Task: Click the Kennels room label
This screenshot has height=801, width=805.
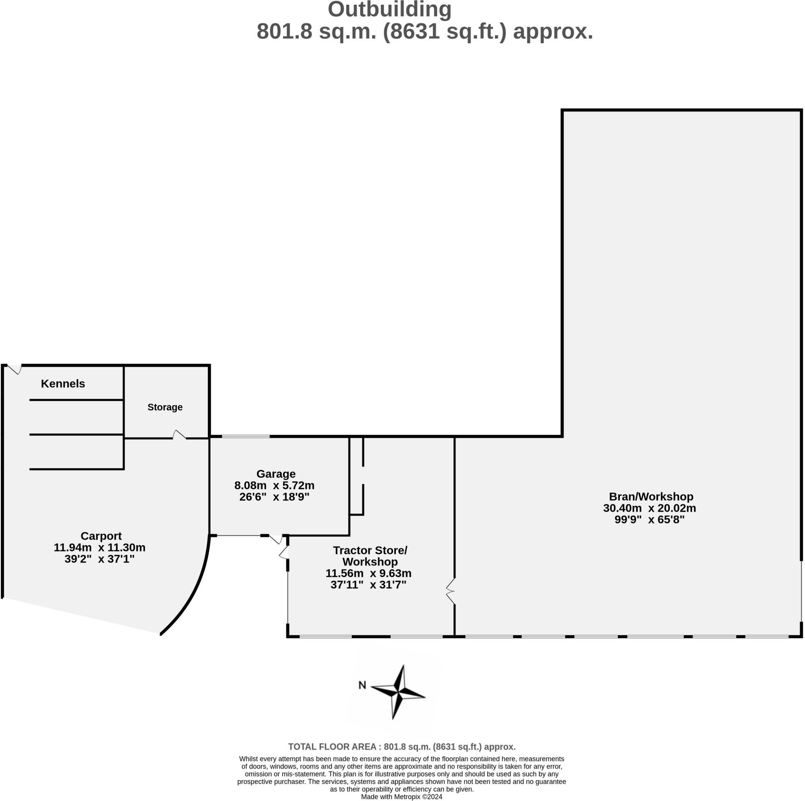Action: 63,384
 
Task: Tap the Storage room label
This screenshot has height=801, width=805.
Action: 165,407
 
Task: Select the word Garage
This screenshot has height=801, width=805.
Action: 276,474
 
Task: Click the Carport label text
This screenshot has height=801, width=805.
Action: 101,536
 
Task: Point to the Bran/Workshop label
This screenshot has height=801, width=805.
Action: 651,496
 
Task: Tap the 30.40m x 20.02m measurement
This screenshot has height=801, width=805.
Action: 649,508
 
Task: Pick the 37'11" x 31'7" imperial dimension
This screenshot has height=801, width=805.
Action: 368,585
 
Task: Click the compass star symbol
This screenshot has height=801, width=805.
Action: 398,692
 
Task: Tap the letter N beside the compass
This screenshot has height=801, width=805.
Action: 362,685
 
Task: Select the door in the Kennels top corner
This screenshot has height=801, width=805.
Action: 15,369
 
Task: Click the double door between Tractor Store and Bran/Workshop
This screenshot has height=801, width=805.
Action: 451,591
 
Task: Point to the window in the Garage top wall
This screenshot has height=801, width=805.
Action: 246,437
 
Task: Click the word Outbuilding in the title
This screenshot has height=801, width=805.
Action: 389,9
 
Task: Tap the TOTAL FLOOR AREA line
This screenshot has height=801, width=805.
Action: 402,747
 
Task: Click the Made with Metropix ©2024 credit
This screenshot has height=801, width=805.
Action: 401,797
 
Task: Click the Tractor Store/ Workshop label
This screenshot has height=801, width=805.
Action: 370,556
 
